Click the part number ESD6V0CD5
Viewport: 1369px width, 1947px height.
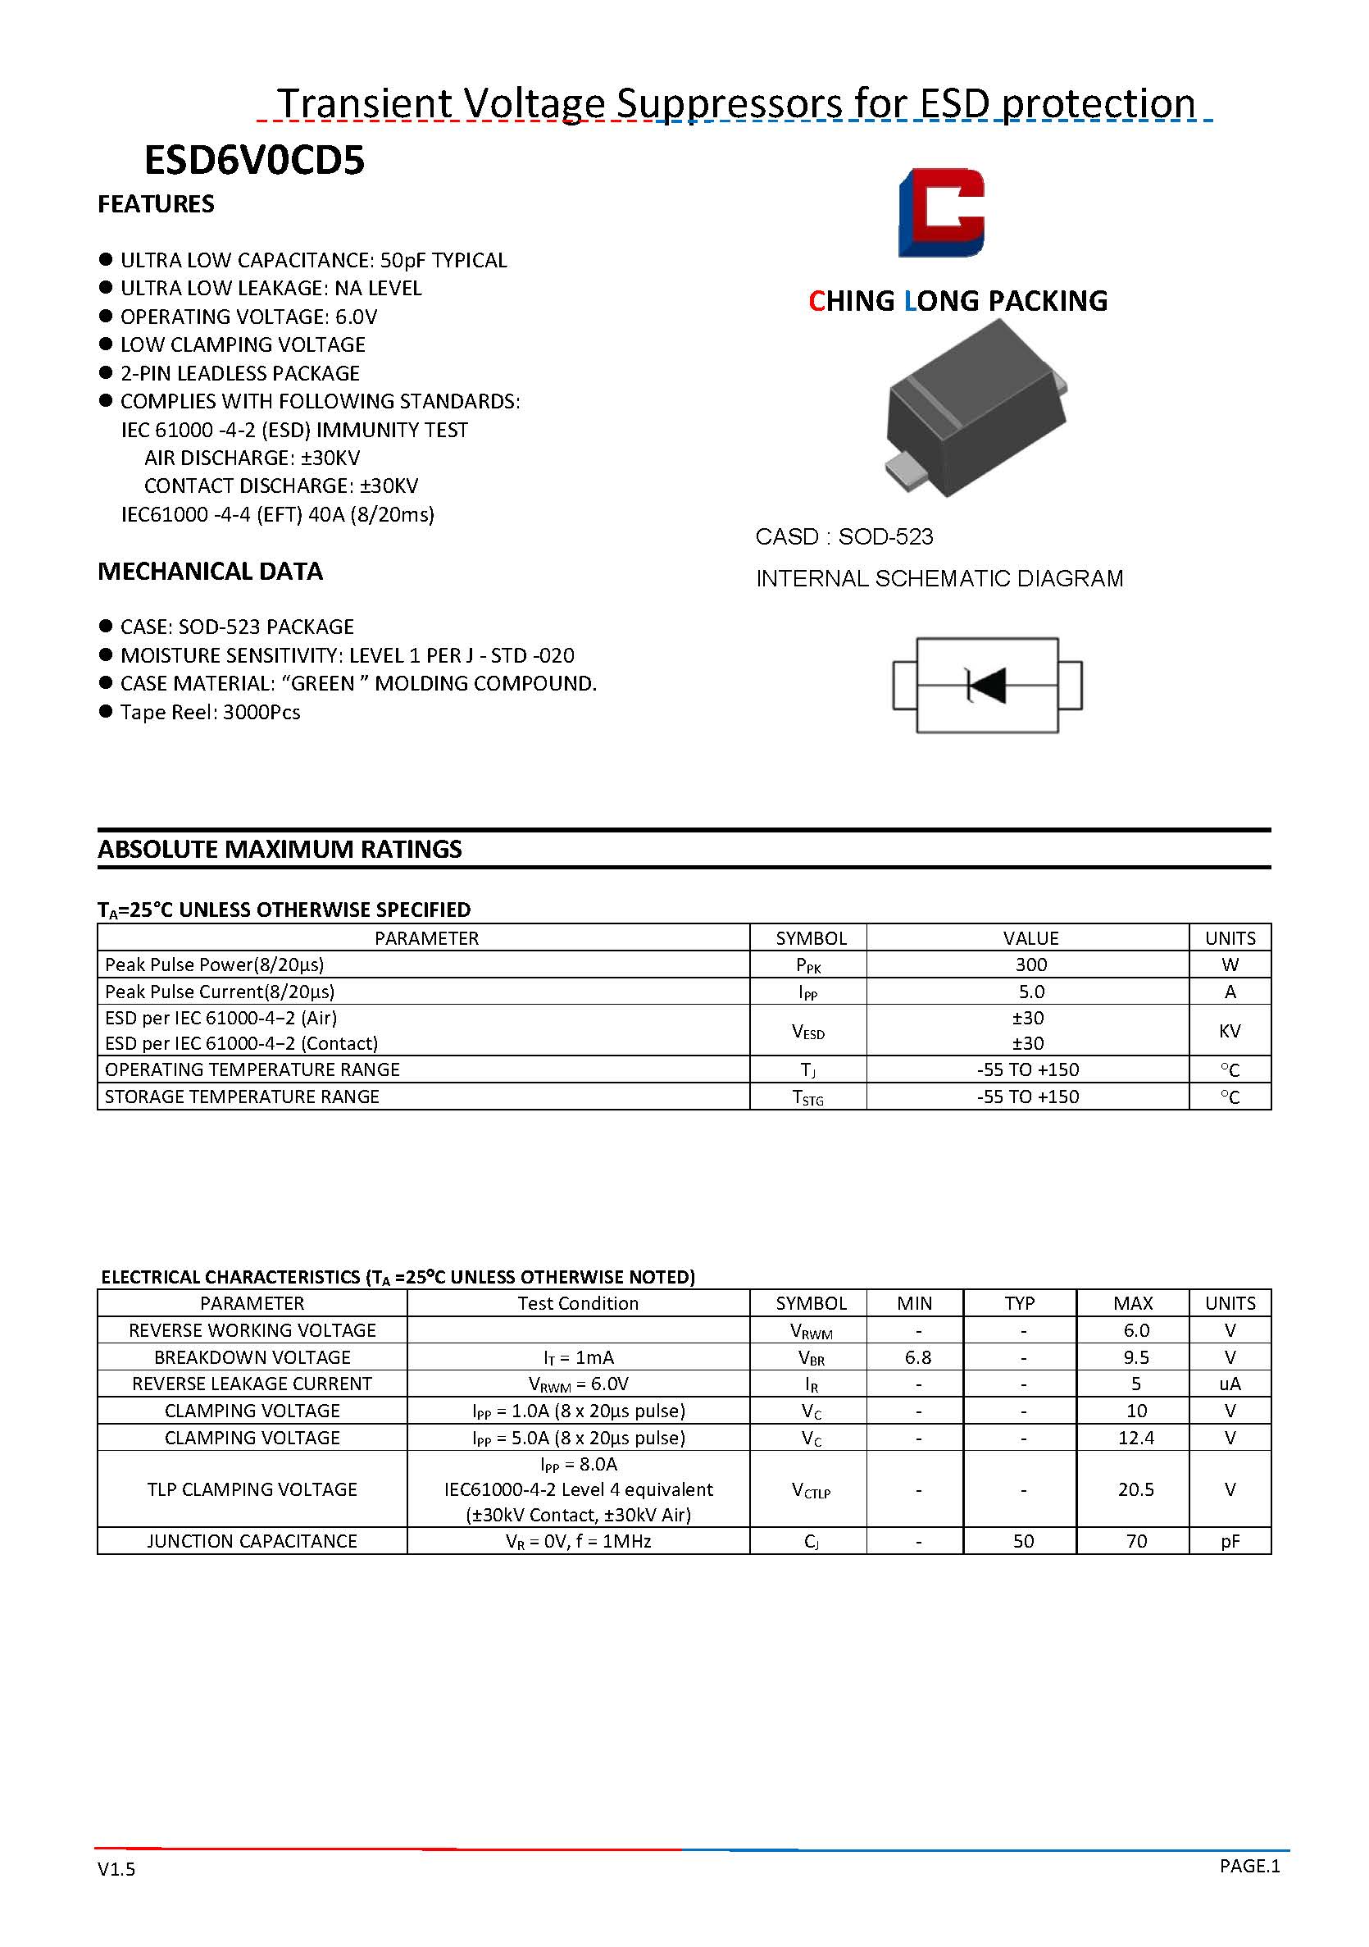point(254,160)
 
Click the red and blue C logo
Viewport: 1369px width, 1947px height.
point(941,212)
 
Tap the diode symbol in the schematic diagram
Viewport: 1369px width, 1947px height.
point(987,685)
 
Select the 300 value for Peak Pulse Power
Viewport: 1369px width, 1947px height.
point(1030,964)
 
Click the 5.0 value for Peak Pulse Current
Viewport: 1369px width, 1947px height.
point(1030,992)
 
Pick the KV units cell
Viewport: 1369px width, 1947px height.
point(1229,1030)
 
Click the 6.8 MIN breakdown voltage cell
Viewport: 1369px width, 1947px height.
point(917,1357)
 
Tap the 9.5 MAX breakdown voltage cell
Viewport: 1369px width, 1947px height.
point(1135,1357)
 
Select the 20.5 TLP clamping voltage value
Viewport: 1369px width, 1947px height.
point(1135,1489)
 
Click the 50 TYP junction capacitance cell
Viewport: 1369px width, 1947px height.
point(1022,1541)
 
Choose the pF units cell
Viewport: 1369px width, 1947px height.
point(1229,1541)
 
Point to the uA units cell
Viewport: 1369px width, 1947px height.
point(1229,1383)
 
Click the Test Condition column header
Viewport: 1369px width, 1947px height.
point(578,1302)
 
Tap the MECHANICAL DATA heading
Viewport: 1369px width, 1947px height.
point(210,572)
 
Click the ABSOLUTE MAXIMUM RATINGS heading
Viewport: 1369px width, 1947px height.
point(280,849)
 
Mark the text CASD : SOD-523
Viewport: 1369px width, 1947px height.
point(844,537)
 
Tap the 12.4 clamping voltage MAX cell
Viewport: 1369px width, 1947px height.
point(1135,1438)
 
